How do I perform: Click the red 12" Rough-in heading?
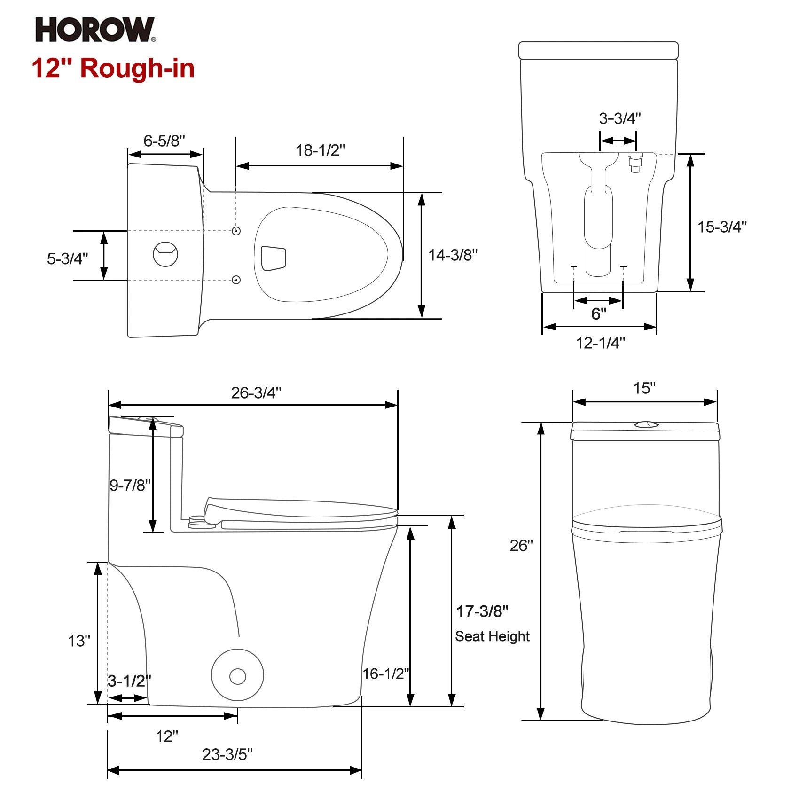pos(113,68)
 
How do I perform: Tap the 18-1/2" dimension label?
pos(320,150)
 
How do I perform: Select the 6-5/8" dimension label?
pos(164,141)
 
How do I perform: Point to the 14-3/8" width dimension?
pos(453,255)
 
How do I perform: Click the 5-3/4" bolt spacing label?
pos(67,258)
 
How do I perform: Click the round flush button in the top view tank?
pos(165,254)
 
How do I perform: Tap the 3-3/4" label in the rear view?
pos(619,118)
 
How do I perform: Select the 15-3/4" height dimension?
pos(721,227)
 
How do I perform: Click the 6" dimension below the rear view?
pos(598,313)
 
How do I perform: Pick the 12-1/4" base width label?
pos(600,343)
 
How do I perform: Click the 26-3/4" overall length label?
pos(256,393)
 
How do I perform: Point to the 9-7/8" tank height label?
pos(130,485)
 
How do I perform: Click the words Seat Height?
pos(492,636)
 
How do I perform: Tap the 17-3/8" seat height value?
pos(482,611)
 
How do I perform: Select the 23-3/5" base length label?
pos(227,754)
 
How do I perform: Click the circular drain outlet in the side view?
pos(237,676)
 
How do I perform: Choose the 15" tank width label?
pos(644,388)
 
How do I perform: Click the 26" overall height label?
pos(521,546)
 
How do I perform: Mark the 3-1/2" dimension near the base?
pos(129,681)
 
